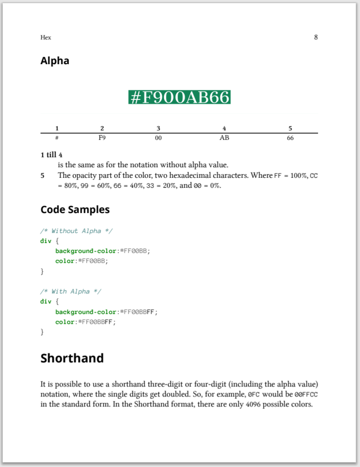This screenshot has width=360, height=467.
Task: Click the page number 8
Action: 316,37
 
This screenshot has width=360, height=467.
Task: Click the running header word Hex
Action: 46,37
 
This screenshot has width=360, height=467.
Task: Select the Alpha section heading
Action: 55,61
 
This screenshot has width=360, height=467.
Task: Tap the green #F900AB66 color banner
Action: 179,97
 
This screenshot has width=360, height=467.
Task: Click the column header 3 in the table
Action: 158,128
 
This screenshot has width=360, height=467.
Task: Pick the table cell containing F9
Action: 102,138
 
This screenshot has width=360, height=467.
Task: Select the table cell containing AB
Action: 224,138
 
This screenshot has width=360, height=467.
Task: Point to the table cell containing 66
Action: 290,138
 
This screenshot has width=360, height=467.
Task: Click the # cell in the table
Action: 57,138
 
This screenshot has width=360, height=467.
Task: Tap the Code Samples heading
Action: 75,209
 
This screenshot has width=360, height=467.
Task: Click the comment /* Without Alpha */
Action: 76,231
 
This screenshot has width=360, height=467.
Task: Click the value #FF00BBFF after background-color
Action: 138,312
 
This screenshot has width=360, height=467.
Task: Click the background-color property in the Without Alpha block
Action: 86,251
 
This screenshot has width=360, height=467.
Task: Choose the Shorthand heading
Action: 72,358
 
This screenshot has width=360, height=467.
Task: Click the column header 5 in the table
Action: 290,128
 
